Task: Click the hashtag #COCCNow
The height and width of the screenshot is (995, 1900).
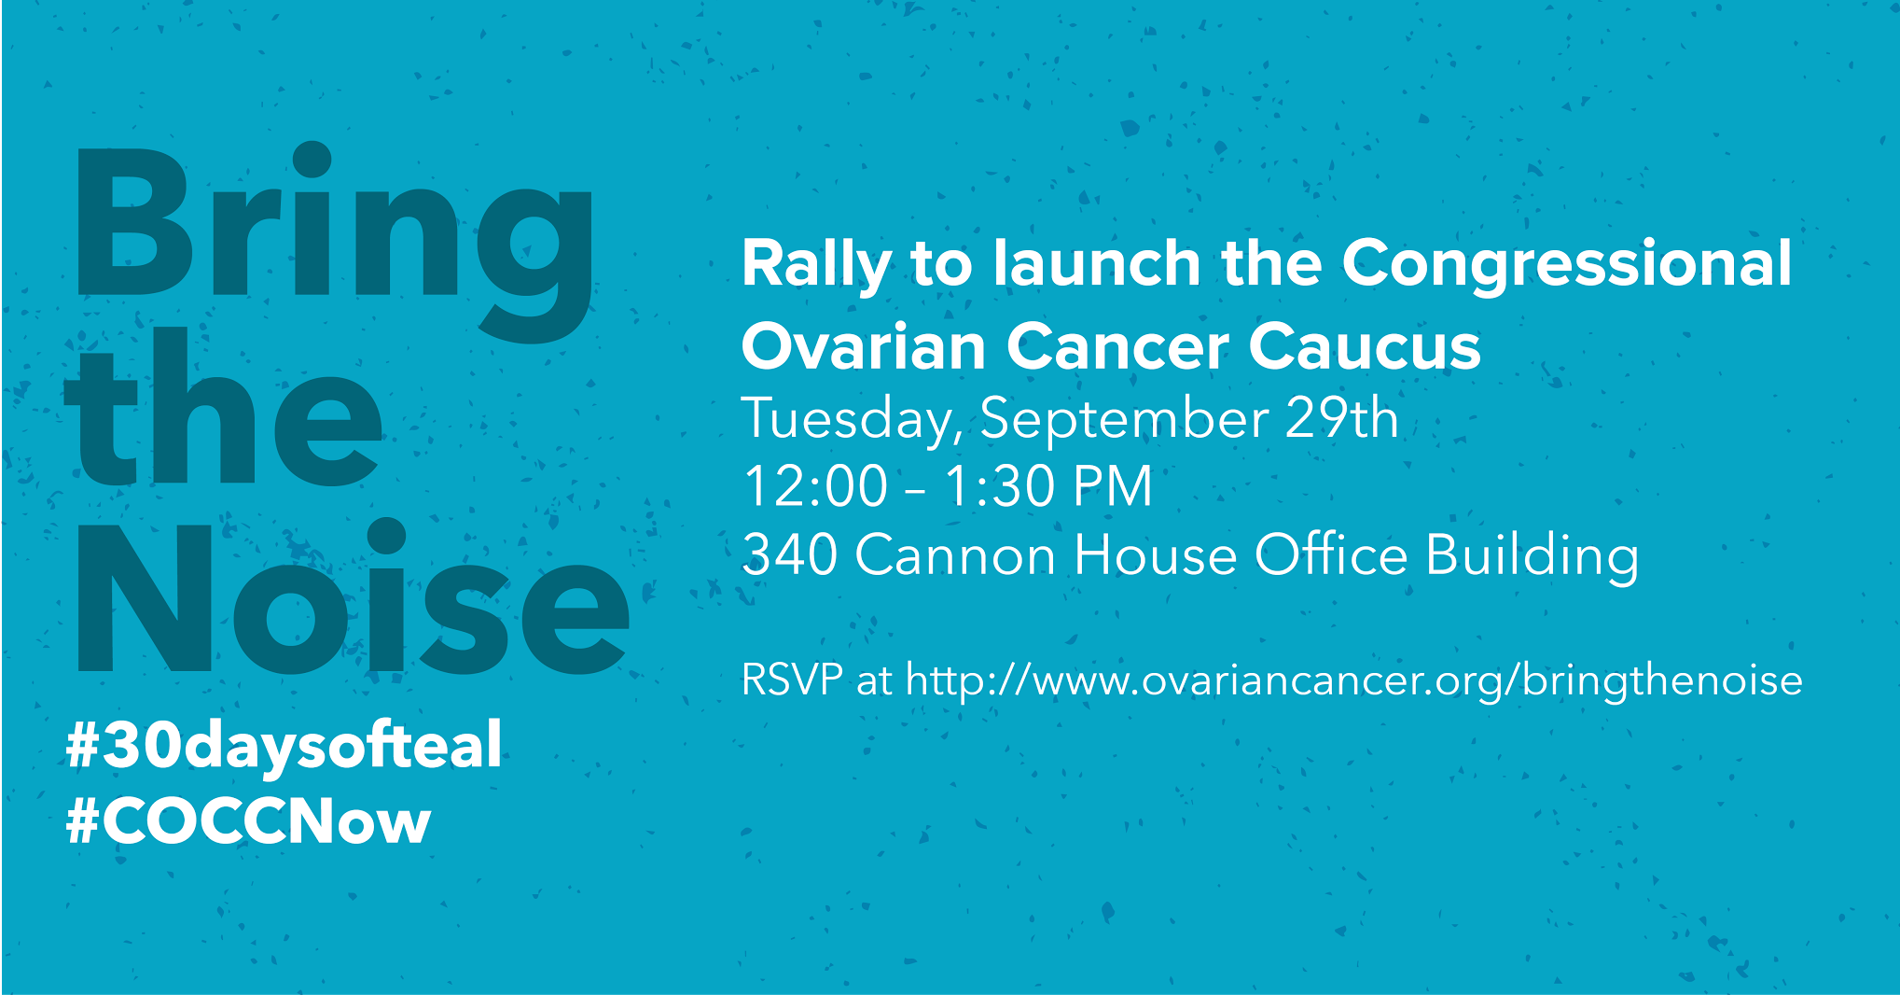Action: (x=249, y=821)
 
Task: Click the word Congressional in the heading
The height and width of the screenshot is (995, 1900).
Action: (x=1567, y=265)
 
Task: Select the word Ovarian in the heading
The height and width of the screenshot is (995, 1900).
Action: (x=863, y=346)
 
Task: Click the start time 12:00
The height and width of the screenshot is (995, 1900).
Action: (x=815, y=486)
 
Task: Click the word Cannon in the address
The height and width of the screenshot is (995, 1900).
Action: (x=955, y=555)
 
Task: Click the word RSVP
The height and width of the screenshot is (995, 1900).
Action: (x=792, y=680)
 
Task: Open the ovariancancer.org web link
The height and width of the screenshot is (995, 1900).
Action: (x=1354, y=680)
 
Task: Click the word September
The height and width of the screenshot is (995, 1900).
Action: (x=1123, y=419)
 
